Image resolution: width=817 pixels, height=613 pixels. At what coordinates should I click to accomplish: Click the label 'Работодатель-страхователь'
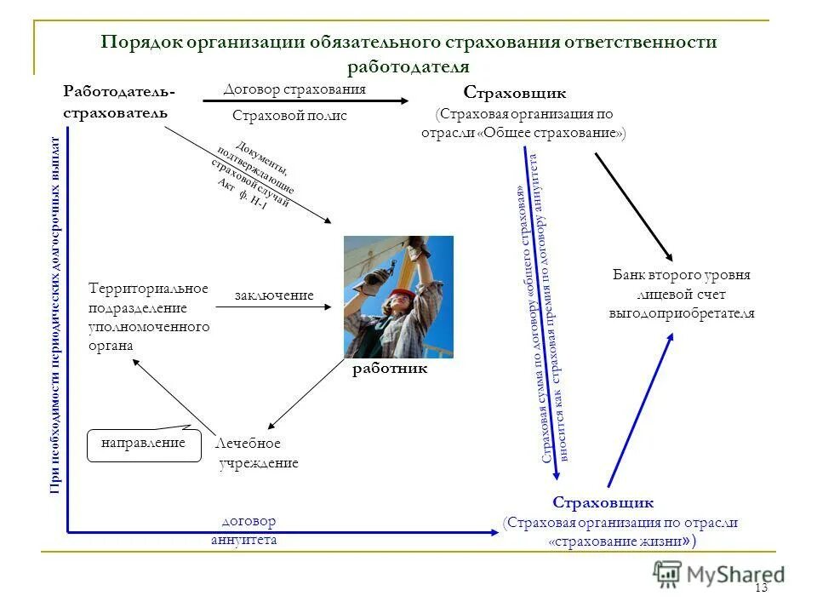(x=119, y=101)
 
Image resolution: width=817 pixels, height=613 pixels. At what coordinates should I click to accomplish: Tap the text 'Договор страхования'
(x=294, y=89)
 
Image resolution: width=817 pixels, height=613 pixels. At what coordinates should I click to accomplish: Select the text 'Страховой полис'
(x=289, y=116)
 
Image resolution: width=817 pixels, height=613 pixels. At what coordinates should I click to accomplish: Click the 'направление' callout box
(x=143, y=444)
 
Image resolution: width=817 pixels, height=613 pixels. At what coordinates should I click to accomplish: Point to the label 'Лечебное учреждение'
(x=258, y=454)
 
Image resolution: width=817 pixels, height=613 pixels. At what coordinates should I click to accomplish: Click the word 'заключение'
(x=274, y=295)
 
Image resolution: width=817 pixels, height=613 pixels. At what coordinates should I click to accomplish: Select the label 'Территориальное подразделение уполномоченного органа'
(x=149, y=318)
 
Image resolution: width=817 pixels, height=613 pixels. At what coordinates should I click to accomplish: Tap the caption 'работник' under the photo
(x=390, y=370)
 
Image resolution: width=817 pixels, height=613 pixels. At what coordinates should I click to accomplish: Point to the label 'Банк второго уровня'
(x=682, y=276)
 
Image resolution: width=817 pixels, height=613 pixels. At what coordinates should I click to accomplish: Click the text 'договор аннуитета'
(x=248, y=530)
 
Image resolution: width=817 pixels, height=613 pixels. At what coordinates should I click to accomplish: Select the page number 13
(x=761, y=588)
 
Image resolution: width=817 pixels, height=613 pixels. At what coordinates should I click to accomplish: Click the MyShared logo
(x=719, y=574)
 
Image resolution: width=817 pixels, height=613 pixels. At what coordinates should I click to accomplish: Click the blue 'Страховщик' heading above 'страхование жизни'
(x=603, y=502)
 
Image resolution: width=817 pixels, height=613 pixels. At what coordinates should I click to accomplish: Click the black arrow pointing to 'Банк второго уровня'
(x=633, y=206)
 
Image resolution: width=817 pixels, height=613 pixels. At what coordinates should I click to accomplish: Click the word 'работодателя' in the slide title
(x=408, y=66)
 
